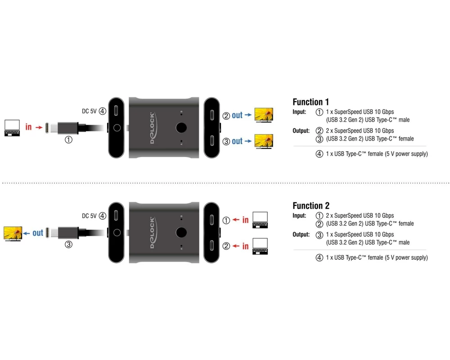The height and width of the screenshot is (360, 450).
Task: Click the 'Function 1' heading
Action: tap(310, 102)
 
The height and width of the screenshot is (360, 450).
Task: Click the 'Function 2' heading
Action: tap(310, 206)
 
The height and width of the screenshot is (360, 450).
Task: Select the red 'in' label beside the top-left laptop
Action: tap(28, 127)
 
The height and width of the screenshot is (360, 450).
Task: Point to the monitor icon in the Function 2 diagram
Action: tap(13, 233)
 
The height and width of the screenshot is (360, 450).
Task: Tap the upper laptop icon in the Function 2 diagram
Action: tap(260, 220)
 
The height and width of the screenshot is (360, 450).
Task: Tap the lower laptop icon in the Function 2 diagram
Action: tap(260, 246)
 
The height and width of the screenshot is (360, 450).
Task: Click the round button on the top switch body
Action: tap(181, 128)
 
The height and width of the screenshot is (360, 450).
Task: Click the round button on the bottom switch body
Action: tap(181, 233)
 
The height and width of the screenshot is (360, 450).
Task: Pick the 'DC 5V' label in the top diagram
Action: tap(89, 111)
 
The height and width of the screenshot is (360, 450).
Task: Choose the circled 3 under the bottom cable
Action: tap(69, 245)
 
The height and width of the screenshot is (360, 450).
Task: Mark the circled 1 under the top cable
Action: tap(69, 140)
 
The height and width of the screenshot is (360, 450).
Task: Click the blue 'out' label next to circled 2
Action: tap(237, 116)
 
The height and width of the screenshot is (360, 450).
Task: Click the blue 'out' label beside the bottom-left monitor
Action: tap(38, 233)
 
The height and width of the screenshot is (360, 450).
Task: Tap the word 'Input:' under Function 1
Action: tap(299, 112)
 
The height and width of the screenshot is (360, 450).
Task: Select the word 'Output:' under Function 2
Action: tap(301, 234)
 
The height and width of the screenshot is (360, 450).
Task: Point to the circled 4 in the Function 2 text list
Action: tap(319, 258)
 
